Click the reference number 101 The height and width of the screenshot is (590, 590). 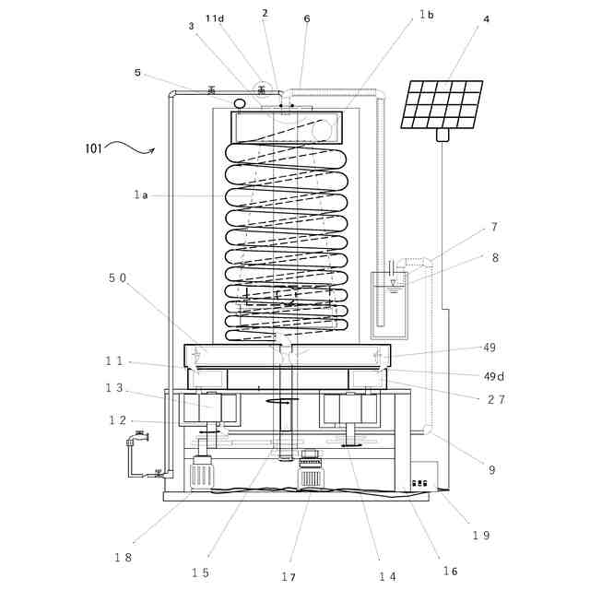pos(94,147)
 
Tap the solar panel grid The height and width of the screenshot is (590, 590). pos(442,104)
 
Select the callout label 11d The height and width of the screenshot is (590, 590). pos(215,18)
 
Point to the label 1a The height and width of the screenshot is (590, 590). pos(140,195)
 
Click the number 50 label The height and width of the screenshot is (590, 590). pos(117,277)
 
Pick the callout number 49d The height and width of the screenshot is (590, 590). pos(495,375)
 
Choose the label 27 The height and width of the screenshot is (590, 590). pos(494,399)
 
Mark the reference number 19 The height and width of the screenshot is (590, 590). pos(481,536)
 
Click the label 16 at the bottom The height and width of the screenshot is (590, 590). pos(450,572)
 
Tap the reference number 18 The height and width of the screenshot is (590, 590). pos(123,557)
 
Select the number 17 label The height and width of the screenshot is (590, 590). pos(289,577)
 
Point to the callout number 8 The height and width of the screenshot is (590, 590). pos(495,258)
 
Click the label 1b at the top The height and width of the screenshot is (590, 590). pos(426,14)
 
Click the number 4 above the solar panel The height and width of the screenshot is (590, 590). pos(486,18)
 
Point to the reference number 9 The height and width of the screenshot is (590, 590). pos(492,469)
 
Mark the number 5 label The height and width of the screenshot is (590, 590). pos(137,72)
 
